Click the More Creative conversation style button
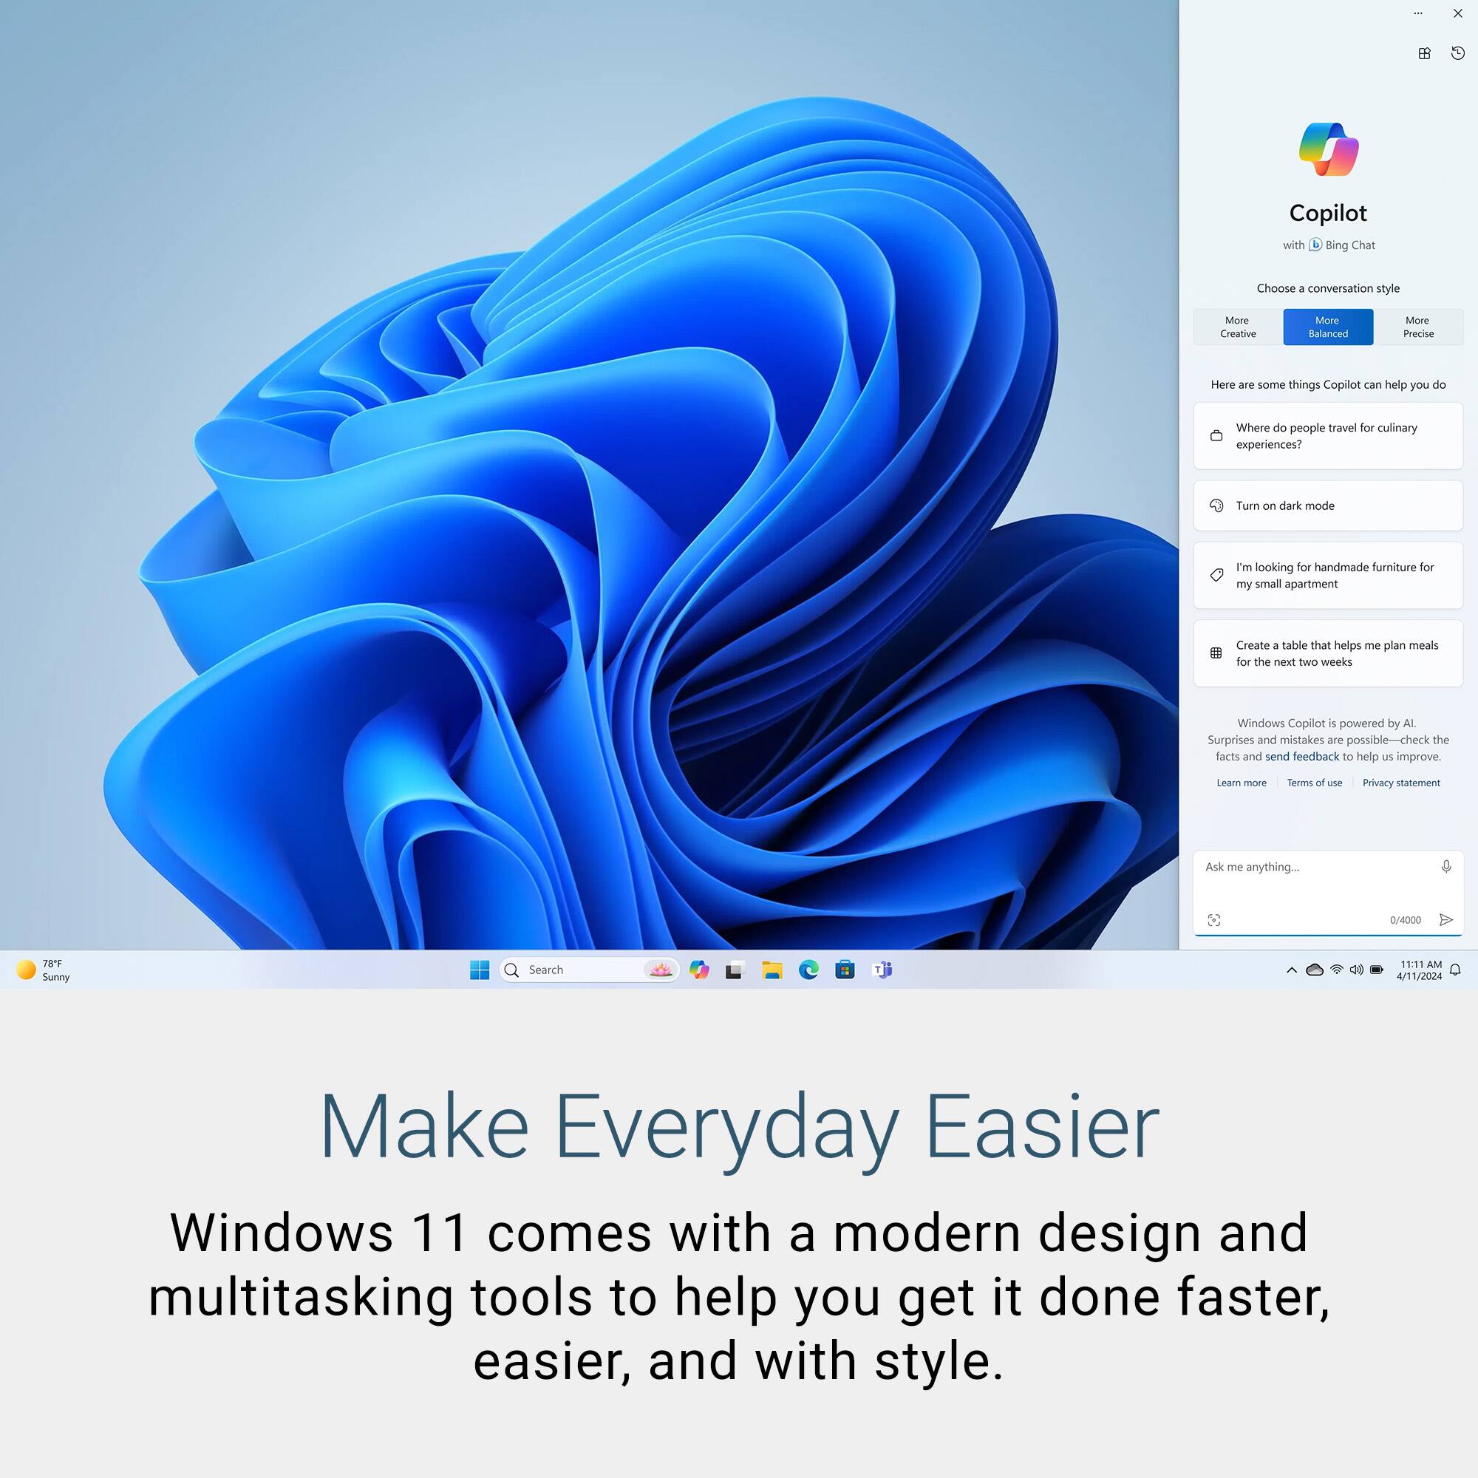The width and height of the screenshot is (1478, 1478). (x=1238, y=327)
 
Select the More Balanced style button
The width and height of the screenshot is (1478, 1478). (x=1328, y=327)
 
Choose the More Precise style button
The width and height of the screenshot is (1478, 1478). (x=1418, y=327)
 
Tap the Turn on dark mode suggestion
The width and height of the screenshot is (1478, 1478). (x=1328, y=505)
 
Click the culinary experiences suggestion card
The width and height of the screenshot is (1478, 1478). (x=1328, y=436)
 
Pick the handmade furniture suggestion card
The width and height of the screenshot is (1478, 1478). (x=1328, y=575)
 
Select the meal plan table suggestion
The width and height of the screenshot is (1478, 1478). (x=1328, y=653)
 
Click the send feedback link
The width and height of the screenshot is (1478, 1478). (x=1302, y=757)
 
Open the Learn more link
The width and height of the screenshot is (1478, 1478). (x=1242, y=783)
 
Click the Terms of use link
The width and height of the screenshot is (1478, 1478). (x=1314, y=783)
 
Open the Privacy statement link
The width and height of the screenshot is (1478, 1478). (x=1400, y=783)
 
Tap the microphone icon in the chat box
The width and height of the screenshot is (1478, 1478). (x=1446, y=867)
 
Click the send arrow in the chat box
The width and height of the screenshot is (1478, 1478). (x=1446, y=919)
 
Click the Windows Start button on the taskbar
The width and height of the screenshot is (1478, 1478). (x=480, y=970)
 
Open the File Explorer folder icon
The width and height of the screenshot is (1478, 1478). (x=772, y=970)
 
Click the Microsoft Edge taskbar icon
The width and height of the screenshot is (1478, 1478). (x=808, y=970)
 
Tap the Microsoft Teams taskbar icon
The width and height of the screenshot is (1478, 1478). (x=882, y=970)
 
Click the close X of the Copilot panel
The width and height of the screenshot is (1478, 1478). (x=1458, y=13)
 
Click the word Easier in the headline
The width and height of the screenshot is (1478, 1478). (x=1042, y=1127)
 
